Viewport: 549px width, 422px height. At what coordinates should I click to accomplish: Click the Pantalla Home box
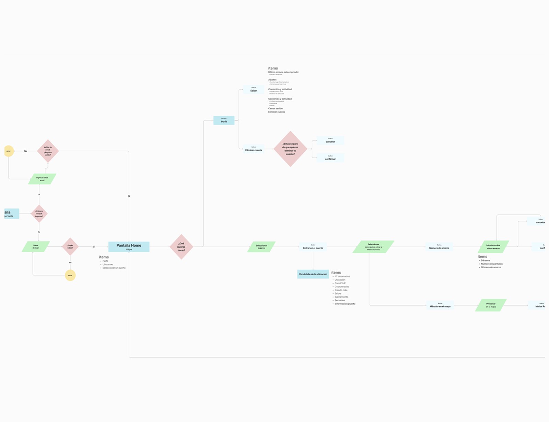129,247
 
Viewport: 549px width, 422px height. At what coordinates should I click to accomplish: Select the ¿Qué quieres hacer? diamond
181,247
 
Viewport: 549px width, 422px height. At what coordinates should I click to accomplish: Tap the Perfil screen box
224,120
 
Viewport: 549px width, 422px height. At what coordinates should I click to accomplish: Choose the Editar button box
253,90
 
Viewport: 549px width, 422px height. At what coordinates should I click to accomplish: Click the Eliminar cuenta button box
254,149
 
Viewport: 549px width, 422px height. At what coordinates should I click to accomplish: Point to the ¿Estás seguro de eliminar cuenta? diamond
290,149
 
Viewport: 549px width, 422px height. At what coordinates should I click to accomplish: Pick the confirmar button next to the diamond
330,158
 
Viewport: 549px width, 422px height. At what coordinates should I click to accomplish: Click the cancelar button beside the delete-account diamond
330,141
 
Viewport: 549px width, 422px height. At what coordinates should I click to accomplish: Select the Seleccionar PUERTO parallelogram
261,247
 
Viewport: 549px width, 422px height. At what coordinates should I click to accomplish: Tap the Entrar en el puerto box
313,247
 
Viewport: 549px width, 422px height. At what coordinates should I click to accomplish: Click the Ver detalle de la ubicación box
313,274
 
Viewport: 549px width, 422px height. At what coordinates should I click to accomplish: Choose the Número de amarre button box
439,247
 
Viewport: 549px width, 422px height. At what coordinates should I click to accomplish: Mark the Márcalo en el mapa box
440,305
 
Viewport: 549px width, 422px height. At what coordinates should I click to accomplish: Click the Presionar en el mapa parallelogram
491,305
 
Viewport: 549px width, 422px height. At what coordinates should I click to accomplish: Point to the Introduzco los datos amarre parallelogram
493,247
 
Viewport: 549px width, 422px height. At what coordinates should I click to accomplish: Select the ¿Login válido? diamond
70,247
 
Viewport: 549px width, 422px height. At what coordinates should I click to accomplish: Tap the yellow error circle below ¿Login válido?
70,275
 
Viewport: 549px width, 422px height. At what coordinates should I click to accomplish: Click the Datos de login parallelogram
36,247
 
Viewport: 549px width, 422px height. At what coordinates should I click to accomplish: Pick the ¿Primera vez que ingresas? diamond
39,214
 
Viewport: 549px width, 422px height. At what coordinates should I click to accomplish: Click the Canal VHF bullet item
340,283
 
